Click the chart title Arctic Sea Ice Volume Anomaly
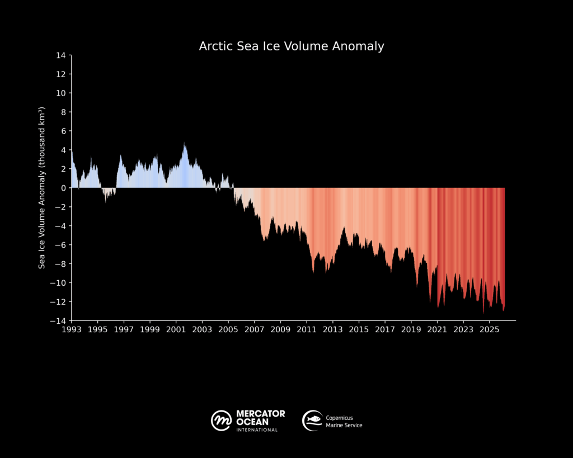click(292, 46)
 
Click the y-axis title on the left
click(42, 188)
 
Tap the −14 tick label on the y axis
click(58, 321)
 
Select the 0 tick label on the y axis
click(64, 188)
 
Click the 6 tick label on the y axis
click(64, 131)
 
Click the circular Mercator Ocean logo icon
click(221, 420)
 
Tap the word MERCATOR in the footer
click(260, 414)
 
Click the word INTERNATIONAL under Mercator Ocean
click(257, 429)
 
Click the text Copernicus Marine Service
click(344, 422)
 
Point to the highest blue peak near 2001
click(185, 144)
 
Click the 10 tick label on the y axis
click(62, 93)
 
